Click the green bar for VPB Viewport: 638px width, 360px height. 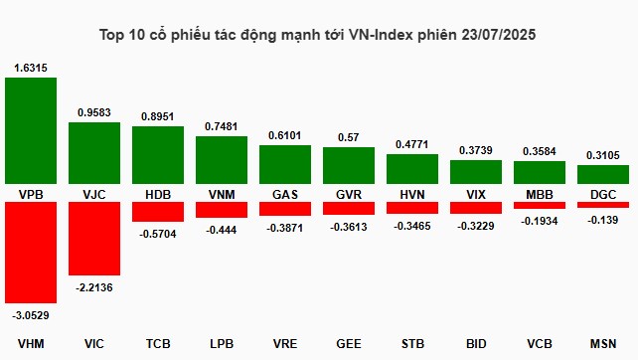[31, 130]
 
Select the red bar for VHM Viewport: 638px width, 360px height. [31, 253]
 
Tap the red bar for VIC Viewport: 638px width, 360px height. [94, 239]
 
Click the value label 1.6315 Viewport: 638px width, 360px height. [31, 68]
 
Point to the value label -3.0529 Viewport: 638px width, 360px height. [31, 315]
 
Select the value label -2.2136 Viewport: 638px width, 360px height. [94, 286]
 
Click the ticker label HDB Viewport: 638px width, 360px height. [158, 193]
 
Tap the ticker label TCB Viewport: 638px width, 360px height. [158, 344]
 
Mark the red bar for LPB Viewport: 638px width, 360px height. [222, 210]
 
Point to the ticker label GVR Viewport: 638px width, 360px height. [349, 193]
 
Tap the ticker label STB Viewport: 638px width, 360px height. [412, 344]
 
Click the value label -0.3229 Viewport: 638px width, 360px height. [476, 226]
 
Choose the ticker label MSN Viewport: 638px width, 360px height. [603, 344]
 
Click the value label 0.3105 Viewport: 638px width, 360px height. [603, 155]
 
